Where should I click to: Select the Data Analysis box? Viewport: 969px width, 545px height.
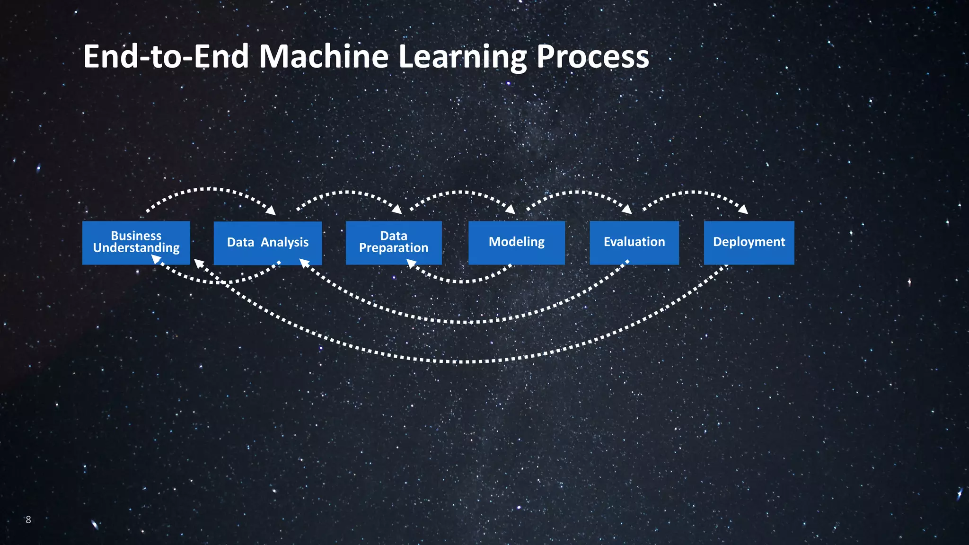pos(268,243)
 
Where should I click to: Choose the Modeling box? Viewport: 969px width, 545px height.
pos(517,242)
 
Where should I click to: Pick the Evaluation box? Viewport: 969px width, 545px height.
pos(634,242)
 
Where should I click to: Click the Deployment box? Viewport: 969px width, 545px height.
pos(749,242)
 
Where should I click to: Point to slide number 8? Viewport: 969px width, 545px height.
pos(28,519)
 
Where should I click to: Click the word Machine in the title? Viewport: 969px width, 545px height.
pos(324,57)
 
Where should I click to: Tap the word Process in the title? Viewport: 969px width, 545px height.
pos(592,57)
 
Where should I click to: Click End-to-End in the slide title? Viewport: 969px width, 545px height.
pos(166,57)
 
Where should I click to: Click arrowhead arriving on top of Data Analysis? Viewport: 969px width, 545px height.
pos(271,211)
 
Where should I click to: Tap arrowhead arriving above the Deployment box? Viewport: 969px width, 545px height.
pos(744,210)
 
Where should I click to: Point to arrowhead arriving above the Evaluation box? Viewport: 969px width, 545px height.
pos(627,210)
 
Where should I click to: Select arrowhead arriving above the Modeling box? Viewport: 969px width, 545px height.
pos(511,210)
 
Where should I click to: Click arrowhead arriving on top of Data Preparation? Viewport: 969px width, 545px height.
pos(397,210)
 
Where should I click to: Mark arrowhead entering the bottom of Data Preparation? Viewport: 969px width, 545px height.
pos(411,263)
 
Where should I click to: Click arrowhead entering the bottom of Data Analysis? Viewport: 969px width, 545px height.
pos(304,263)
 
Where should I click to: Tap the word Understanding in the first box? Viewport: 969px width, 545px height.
pos(136,248)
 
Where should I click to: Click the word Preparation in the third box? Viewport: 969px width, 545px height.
pos(394,248)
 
